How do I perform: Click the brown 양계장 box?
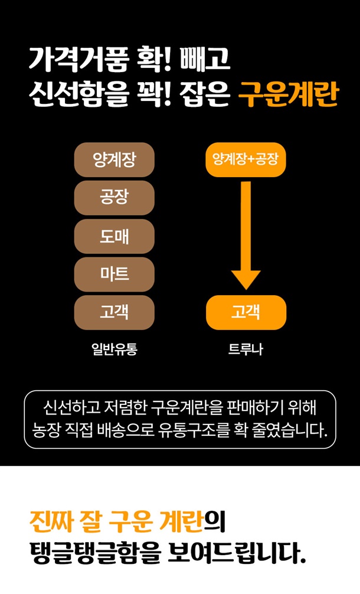point(114,160)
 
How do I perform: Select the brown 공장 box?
point(114,198)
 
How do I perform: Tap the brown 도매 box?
point(114,236)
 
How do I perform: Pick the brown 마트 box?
point(114,275)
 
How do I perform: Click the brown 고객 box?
point(114,312)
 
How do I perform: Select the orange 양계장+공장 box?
point(246,159)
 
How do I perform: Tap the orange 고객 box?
point(246,312)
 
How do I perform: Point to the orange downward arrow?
point(246,236)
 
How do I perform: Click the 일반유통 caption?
point(114,349)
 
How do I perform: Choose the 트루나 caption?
point(246,349)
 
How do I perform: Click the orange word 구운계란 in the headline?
point(287,94)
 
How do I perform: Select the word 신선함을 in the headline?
point(77,94)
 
